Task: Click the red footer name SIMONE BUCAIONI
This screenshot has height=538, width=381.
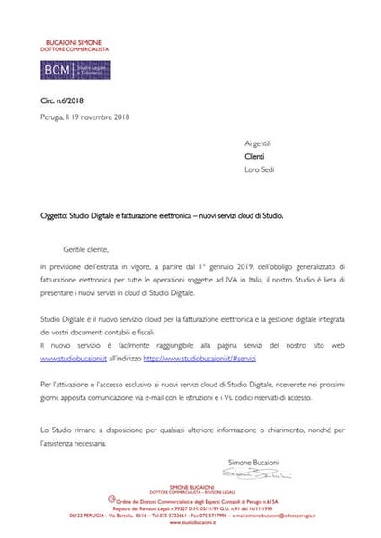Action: pos(190,483)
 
